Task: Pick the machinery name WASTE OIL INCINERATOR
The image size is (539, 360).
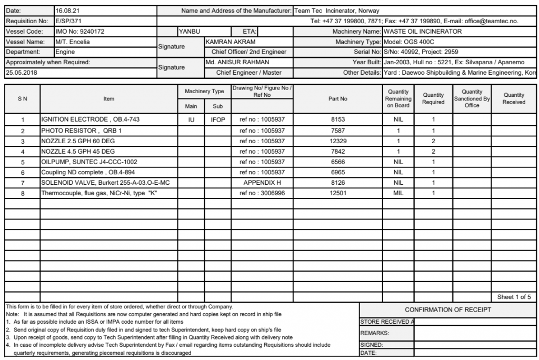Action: pos(423,32)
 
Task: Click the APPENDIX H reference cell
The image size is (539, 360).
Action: pos(262,183)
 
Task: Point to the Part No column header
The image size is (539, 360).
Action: pos(338,98)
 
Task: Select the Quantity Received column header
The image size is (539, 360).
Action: pos(514,98)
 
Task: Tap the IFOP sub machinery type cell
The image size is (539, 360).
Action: pos(218,119)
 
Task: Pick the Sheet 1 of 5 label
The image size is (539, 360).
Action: pos(514,297)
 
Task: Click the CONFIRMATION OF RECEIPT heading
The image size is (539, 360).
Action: pos(447,309)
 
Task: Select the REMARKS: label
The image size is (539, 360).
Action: pos(374,333)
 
